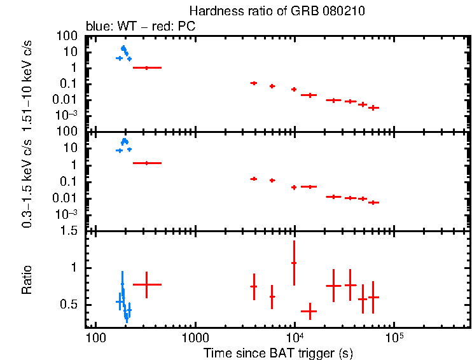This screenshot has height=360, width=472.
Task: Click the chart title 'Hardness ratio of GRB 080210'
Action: pyautogui.click(x=277, y=12)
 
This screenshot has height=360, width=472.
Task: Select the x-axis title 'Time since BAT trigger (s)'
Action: pyautogui.click(x=278, y=352)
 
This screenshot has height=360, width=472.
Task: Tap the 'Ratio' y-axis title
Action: pyautogui.click(x=27, y=280)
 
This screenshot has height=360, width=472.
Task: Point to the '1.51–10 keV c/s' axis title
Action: pyautogui.click(x=27, y=83)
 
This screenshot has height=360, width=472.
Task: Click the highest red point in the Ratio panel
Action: pyautogui.click(x=294, y=263)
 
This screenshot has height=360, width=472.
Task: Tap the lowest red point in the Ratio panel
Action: pyautogui.click(x=309, y=311)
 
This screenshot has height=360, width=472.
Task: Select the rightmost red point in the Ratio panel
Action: pyautogui.click(x=373, y=297)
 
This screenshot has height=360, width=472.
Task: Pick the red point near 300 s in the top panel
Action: pyautogui.click(x=147, y=67)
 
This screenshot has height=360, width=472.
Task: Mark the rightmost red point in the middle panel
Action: pyautogui.click(x=373, y=202)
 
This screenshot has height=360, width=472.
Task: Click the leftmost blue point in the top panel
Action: pyautogui.click(x=119, y=58)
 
